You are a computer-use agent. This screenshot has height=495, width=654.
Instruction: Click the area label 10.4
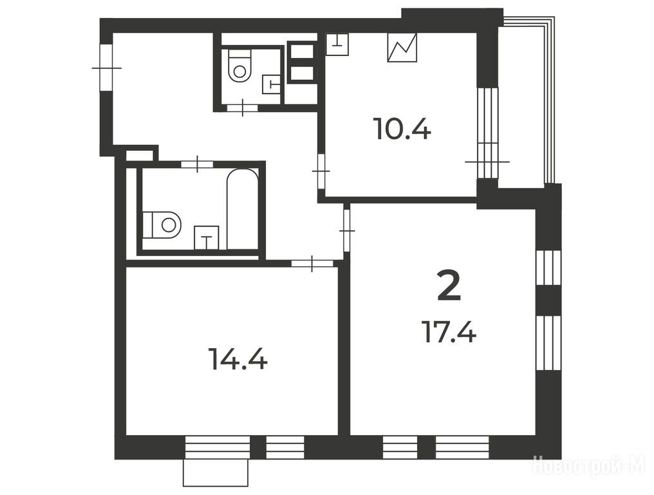tap(403, 129)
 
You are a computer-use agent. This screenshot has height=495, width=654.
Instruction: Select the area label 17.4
tap(449, 331)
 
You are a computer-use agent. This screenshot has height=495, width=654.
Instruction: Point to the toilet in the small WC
tap(239, 66)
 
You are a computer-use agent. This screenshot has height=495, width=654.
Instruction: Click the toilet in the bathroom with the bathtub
tap(162, 225)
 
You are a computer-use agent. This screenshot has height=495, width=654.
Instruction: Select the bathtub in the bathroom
tap(241, 209)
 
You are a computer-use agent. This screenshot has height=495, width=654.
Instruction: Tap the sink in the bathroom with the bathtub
tap(207, 237)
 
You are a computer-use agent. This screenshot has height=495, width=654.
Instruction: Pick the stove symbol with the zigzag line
tap(402, 48)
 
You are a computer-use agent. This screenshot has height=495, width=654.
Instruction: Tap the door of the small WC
tap(242, 108)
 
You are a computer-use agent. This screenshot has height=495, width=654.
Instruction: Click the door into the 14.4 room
tap(312, 263)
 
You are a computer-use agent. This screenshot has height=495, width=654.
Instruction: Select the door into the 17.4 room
tap(346, 231)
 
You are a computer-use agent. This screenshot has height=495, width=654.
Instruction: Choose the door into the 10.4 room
tap(321, 171)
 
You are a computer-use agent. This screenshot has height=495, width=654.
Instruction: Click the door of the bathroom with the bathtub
tap(197, 164)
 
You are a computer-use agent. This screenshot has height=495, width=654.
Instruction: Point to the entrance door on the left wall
tap(106, 67)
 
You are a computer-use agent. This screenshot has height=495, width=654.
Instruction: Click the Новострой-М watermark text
tap(589, 465)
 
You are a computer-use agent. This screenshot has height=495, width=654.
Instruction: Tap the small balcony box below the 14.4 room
tap(216, 473)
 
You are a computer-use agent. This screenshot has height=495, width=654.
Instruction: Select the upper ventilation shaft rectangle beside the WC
tap(302, 52)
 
